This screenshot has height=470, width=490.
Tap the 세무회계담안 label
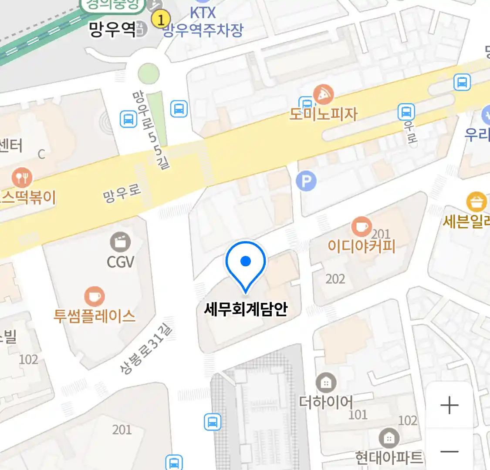coord(246,309)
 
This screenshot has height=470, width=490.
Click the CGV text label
coord(120,262)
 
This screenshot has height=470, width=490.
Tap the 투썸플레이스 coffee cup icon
coord(94,297)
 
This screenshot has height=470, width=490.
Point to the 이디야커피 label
coord(362,246)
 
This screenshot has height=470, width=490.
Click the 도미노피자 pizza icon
coord(324,94)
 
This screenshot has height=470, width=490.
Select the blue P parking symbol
coord(306,181)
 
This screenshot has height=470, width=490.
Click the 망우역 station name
coord(112,29)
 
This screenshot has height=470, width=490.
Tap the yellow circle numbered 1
coord(161,19)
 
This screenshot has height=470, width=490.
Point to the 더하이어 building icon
coord(325,383)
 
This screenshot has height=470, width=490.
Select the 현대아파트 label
coord(389,457)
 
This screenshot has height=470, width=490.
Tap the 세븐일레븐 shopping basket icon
coord(476,202)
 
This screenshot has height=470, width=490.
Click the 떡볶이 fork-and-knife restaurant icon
coord(21,178)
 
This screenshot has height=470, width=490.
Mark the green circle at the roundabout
coord(149,74)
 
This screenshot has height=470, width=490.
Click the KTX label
coord(203,13)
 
